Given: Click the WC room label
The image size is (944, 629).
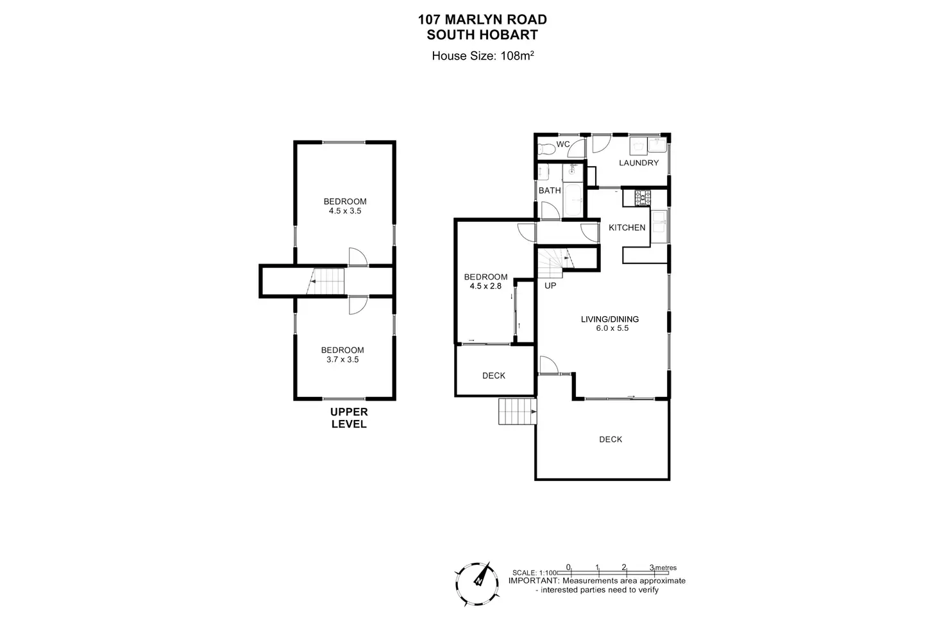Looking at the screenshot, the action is [x=563, y=144].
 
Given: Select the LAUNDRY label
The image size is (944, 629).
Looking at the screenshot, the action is [x=639, y=163].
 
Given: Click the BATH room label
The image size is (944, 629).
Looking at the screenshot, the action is [x=550, y=190].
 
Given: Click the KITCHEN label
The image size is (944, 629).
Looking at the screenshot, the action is [x=627, y=228].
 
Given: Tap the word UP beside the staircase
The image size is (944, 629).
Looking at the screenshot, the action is [x=550, y=285].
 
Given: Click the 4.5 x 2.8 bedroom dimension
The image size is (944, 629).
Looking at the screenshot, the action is [x=485, y=287].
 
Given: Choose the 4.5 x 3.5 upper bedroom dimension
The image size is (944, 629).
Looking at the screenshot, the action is [x=345, y=211].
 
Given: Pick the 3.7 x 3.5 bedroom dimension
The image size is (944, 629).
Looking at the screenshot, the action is [x=342, y=360].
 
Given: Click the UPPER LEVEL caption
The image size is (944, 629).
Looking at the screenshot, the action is [x=349, y=418].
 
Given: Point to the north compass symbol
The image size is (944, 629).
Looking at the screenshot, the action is [x=479, y=581].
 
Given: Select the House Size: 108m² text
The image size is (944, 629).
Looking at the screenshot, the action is [x=483, y=56].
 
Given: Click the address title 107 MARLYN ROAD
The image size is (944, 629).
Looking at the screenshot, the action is [x=482, y=20].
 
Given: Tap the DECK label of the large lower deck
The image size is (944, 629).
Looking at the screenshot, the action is [x=611, y=439].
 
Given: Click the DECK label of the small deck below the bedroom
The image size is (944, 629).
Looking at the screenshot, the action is [x=494, y=376].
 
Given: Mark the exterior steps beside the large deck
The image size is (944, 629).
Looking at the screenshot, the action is [x=517, y=411].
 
